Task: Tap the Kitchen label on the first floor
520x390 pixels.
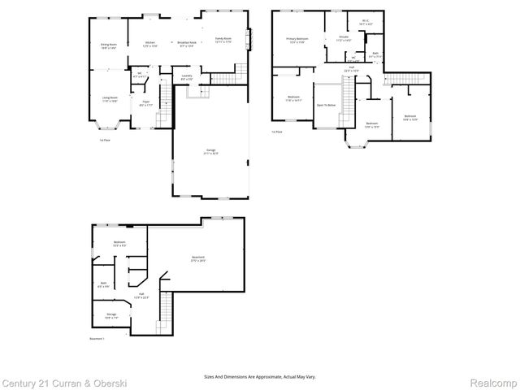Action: pyautogui.click(x=150, y=44)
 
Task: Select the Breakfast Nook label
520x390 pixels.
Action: pyautogui.click(x=187, y=44)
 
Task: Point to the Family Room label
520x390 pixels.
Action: pyautogui.click(x=223, y=40)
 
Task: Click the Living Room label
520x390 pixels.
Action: pyautogui.click(x=108, y=99)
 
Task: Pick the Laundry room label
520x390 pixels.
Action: pyautogui.click(x=187, y=76)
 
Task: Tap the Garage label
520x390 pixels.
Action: pyautogui.click(x=210, y=151)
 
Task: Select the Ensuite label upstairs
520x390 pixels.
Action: pyautogui.click(x=344, y=38)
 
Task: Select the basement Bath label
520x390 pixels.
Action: pyautogui.click(x=102, y=285)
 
